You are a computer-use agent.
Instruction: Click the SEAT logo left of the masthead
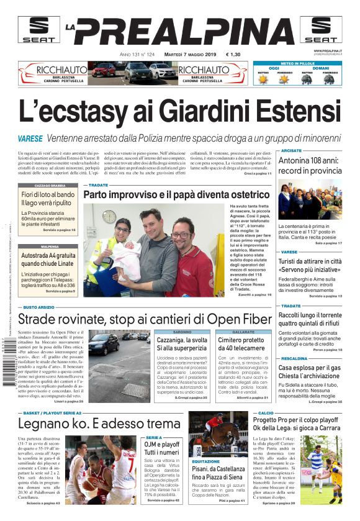pyautogui.click(x=37, y=30)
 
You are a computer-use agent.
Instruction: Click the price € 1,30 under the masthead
pyautogui.click(x=233, y=54)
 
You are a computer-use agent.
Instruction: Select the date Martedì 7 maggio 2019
pyautogui.click(x=184, y=54)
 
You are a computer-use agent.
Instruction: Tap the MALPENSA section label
pyautogui.click(x=50, y=246)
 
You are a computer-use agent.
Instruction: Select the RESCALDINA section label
pyautogui.click(x=294, y=358)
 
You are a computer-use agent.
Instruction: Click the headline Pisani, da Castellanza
pyautogui.click(x=222, y=472)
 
